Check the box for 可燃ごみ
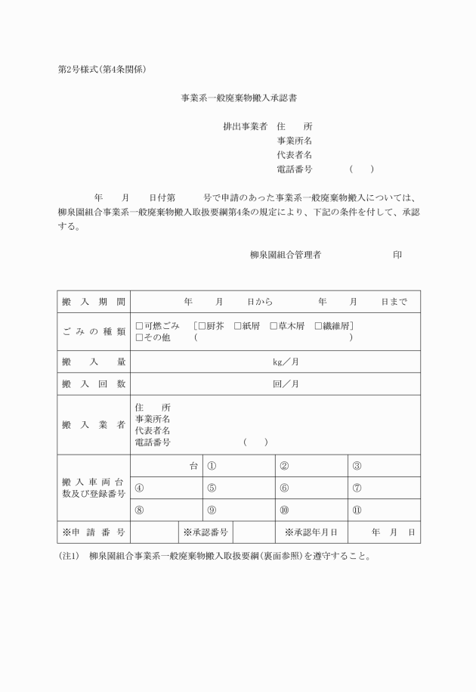(139, 326)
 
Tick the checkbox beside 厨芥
(202, 326)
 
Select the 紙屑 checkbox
(237, 326)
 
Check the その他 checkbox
(139, 338)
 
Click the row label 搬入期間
(94, 302)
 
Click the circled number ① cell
(238, 466)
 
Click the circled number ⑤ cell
(238, 488)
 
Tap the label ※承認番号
(205, 532)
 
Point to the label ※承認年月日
(316, 532)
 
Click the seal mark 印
(397, 255)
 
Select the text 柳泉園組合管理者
(286, 255)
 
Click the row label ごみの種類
(94, 332)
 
